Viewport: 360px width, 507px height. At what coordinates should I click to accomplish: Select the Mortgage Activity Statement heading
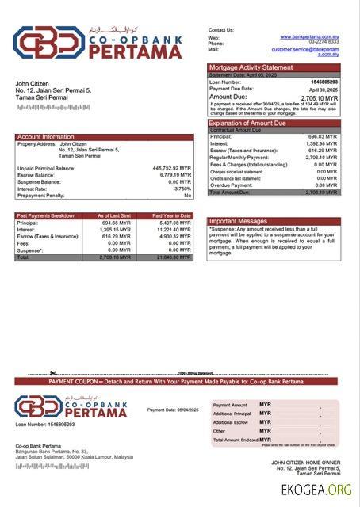tap(250, 67)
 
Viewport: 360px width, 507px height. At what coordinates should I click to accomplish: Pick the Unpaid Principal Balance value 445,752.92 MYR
tap(171, 168)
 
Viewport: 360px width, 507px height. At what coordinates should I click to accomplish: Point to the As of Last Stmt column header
tap(114, 215)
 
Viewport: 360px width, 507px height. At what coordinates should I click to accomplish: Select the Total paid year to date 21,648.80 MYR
tap(174, 257)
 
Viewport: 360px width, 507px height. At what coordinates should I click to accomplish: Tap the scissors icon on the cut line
tap(52, 373)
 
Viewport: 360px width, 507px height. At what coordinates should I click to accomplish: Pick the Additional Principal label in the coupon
tap(232, 414)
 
